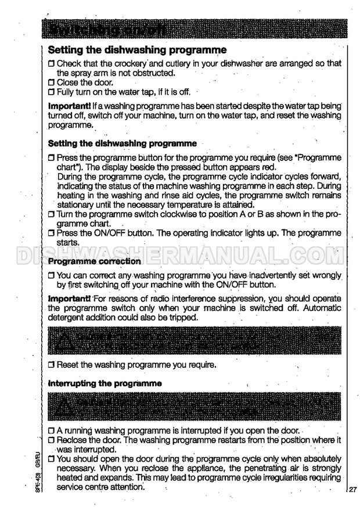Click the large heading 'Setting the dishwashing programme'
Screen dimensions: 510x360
[137, 51]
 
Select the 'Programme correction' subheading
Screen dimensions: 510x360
[94, 261]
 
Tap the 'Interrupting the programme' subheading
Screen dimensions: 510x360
[105, 383]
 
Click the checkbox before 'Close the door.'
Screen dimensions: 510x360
[51, 82]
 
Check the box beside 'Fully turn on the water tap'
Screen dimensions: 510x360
[51, 92]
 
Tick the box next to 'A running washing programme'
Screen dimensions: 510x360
[51, 431]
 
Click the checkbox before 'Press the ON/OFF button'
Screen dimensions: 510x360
[51, 233]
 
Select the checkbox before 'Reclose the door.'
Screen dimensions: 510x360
[51, 441]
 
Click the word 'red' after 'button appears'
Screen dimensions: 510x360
[271, 167]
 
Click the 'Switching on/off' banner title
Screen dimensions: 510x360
[107, 28]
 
